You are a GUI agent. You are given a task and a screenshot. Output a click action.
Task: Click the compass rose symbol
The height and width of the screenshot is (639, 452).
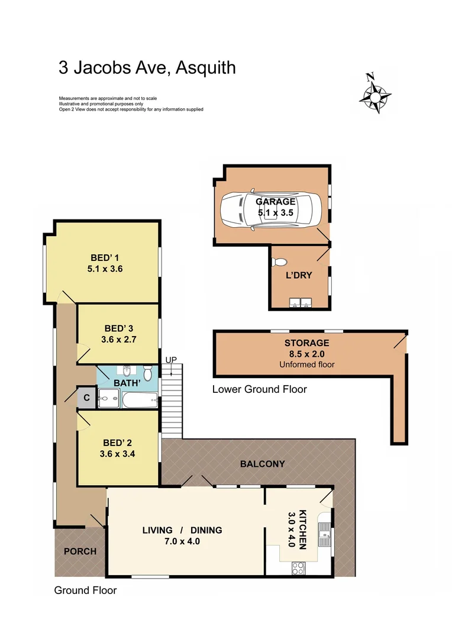click(x=374, y=95)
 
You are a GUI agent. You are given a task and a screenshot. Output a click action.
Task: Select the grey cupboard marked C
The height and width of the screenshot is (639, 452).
click(x=86, y=398)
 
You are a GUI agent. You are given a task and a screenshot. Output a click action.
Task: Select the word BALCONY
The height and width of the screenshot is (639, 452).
click(x=262, y=464)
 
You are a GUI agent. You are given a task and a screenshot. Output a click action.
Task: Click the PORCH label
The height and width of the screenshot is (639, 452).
click(x=80, y=551)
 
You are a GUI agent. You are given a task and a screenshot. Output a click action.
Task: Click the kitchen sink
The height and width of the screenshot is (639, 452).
click(x=325, y=535)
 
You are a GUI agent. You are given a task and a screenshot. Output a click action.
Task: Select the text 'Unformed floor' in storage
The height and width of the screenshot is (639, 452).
click(x=306, y=364)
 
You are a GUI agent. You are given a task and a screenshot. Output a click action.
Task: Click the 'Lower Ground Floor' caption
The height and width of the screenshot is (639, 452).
click(x=259, y=389)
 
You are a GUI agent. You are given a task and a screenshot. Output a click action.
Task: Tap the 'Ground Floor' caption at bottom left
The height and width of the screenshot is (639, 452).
click(x=85, y=590)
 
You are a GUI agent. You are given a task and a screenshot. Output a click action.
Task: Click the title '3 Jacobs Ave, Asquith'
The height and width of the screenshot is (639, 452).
click(x=147, y=67)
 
